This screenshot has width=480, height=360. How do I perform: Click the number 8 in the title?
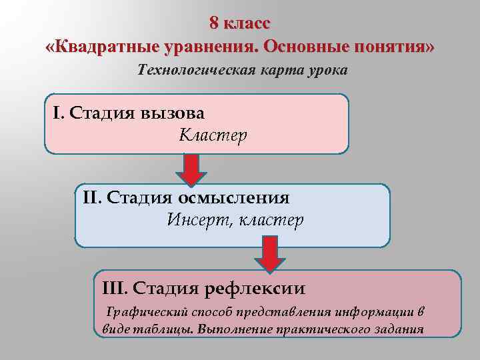point(214,23)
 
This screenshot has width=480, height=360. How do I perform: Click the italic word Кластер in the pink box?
point(213,135)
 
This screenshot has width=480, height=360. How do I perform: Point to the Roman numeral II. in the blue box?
point(92,197)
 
